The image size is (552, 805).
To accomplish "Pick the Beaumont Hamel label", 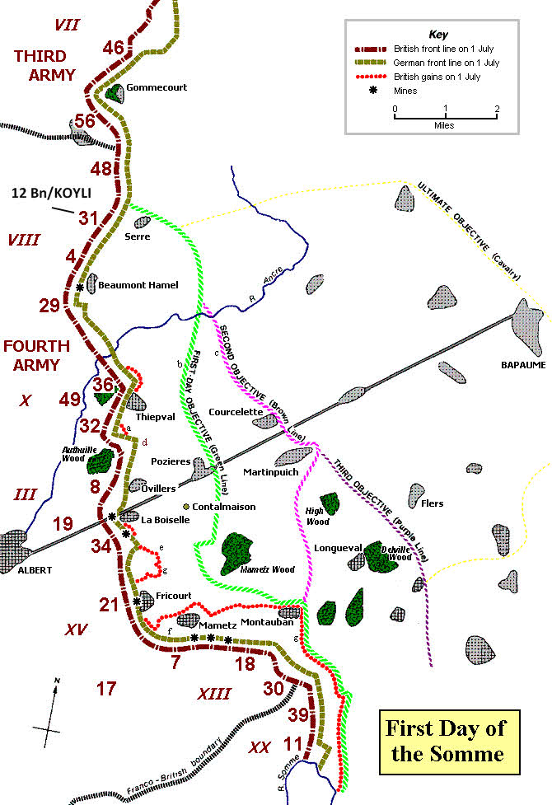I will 138,285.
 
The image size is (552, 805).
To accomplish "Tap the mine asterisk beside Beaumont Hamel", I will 80,287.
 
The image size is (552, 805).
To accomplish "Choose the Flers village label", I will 431,503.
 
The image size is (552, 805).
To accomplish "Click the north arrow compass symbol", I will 53,709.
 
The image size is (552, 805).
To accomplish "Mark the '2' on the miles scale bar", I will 497,108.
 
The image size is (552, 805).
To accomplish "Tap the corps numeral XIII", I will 213,694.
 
